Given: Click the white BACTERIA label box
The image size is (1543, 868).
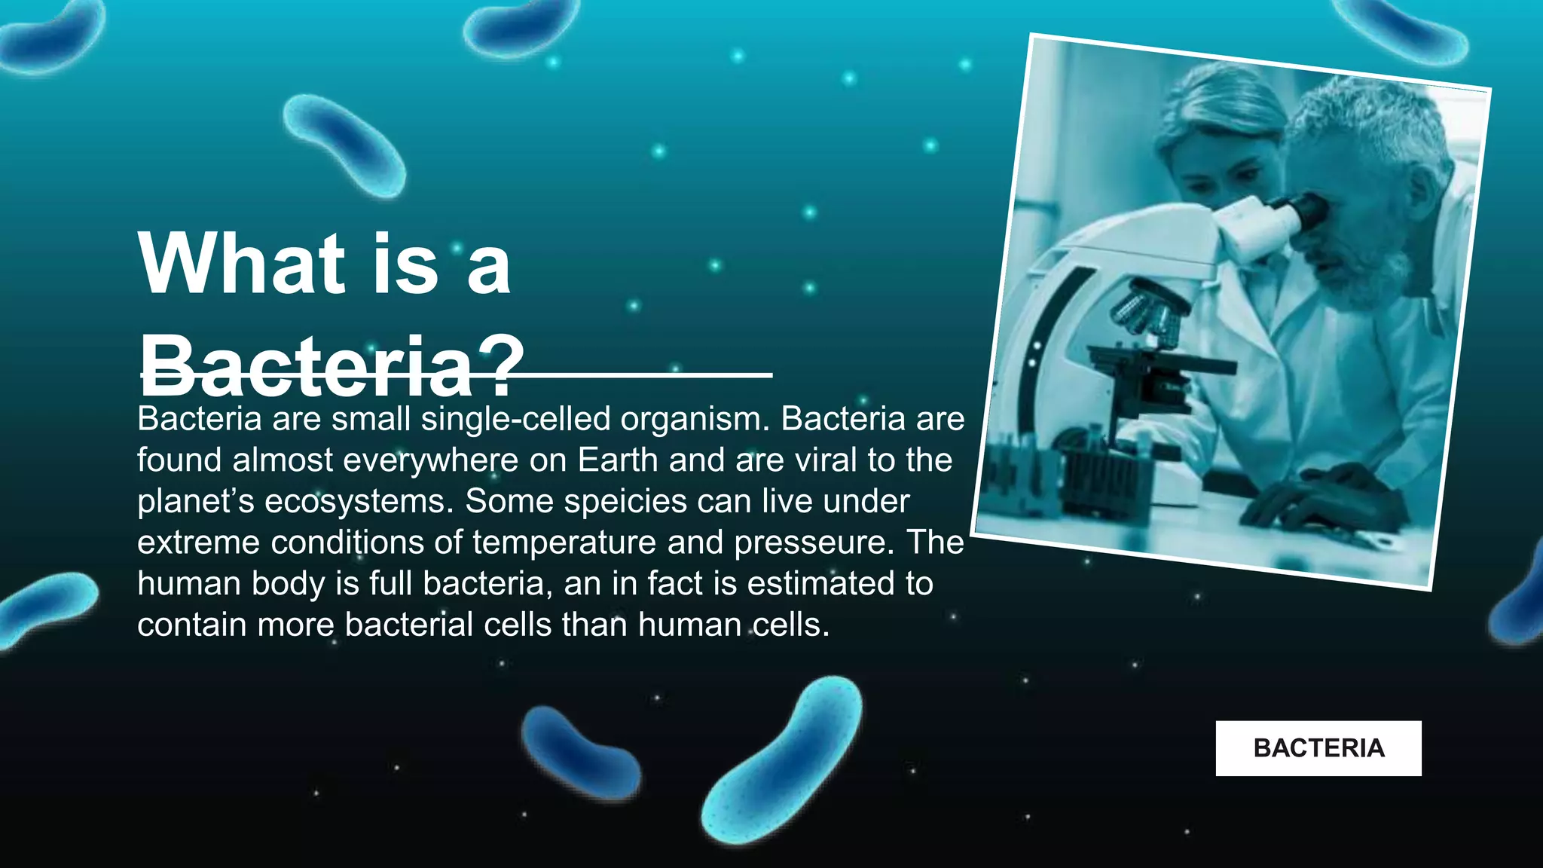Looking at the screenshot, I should pyautogui.click(x=1318, y=748).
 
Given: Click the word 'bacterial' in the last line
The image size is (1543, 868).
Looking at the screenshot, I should pyautogui.click(x=410, y=625).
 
